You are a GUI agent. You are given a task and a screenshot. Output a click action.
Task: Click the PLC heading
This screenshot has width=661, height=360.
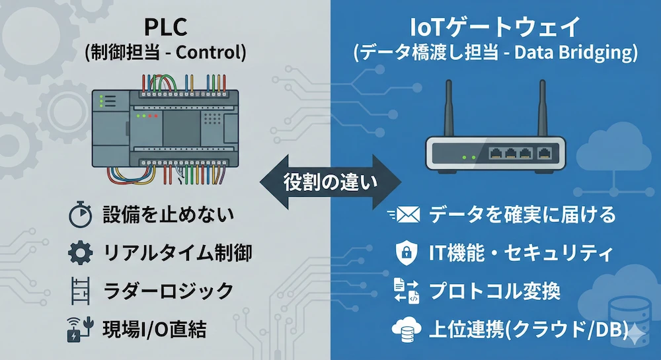pos(165,28)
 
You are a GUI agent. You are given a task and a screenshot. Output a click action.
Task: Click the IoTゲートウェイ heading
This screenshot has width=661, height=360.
pos(495,28)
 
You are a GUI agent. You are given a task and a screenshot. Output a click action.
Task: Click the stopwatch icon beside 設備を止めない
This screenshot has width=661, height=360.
pos(81,215)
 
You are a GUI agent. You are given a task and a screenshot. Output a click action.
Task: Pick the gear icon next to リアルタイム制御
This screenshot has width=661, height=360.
pos(81,253)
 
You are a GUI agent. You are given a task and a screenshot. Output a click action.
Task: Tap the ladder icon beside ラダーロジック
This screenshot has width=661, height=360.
pos(81,291)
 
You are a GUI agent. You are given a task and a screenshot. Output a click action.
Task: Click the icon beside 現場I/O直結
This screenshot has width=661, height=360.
pos(81,328)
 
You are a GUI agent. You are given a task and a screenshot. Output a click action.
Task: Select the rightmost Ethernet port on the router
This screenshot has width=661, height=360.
pos(545,153)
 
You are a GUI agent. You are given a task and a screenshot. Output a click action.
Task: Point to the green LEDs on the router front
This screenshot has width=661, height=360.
pos(469,158)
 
